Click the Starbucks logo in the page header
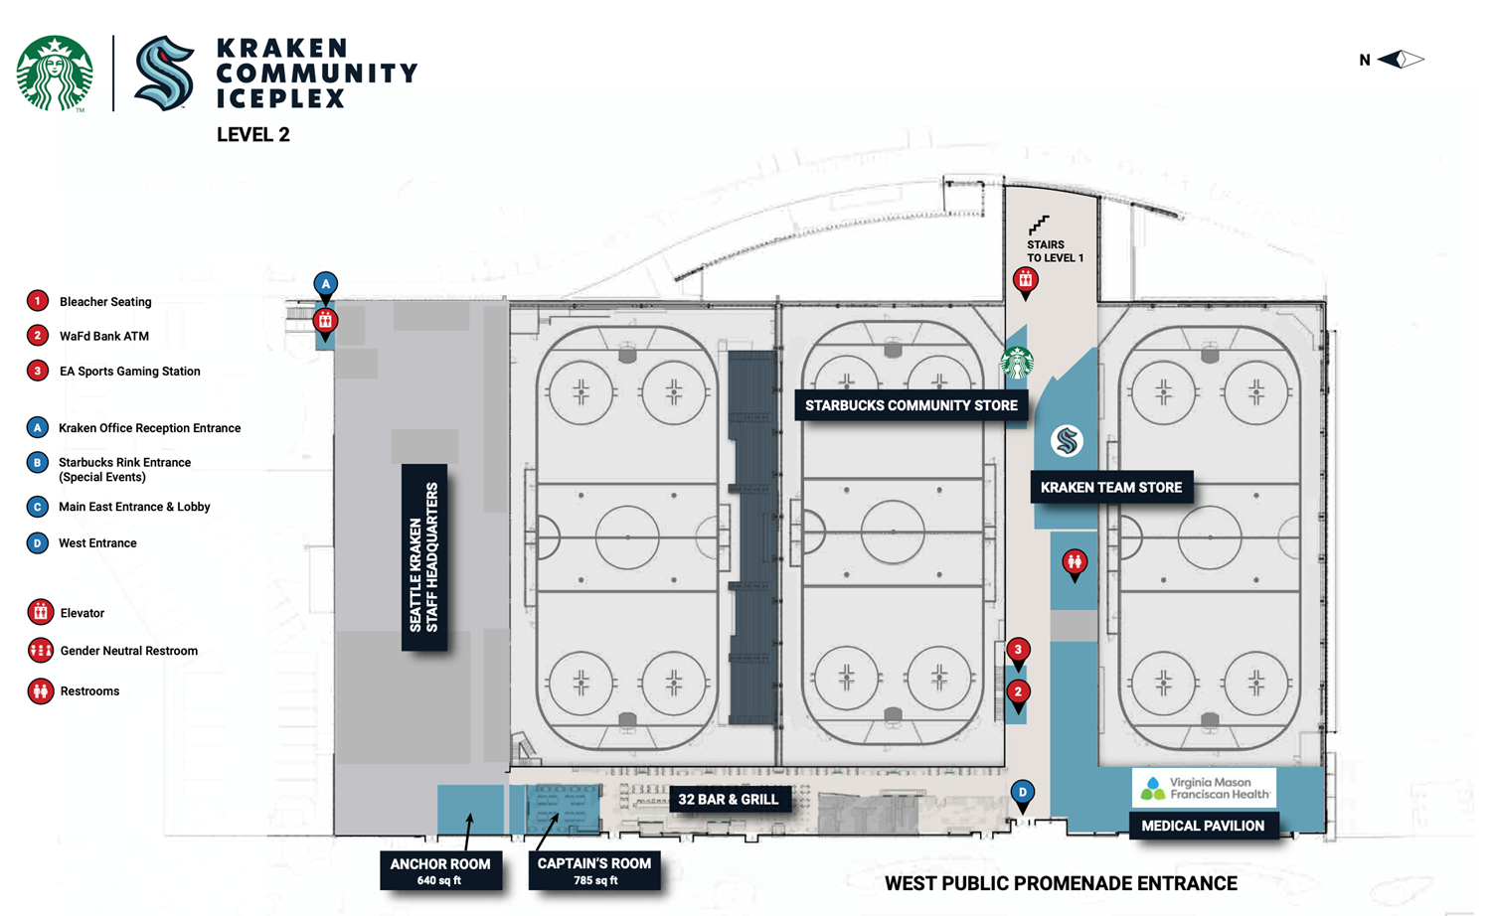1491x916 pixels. point(55,73)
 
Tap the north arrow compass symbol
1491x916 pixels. point(1401,60)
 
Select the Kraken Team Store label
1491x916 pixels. point(1110,487)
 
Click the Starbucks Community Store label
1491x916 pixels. point(911,405)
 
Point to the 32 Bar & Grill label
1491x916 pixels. point(729,799)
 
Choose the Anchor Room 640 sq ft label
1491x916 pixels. point(439,870)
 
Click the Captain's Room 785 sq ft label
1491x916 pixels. point(594,870)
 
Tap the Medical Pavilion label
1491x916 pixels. point(1203,826)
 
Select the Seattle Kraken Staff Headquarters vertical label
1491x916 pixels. point(424,556)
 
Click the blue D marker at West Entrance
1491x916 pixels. point(1022,793)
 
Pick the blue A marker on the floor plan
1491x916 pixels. point(325,285)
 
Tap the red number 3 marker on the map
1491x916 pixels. point(1017,651)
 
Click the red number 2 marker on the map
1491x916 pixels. point(1017,691)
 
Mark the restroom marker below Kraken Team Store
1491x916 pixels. point(1074,563)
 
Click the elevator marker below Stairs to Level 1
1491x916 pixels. point(1025,281)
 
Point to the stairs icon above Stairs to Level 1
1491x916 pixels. point(1039,225)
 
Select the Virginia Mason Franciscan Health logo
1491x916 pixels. point(1204,788)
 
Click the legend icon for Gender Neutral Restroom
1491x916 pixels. point(40,651)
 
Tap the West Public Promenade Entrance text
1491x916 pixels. point(1061,883)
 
